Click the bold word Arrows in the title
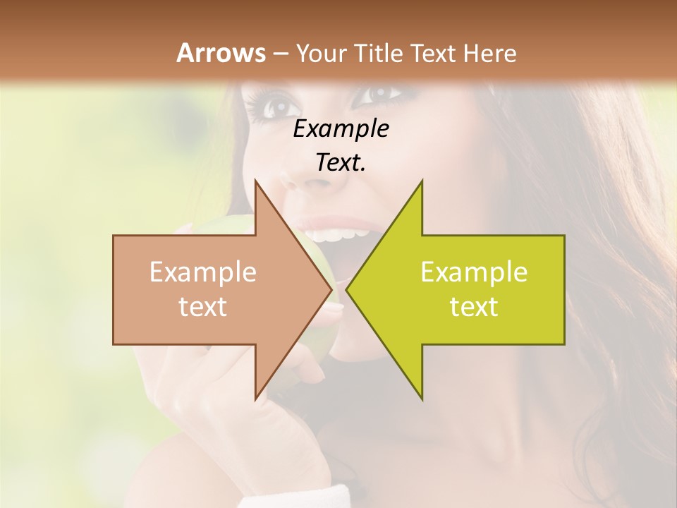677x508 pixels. coord(221,53)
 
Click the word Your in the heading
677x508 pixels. coord(321,53)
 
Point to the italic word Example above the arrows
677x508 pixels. coord(341,128)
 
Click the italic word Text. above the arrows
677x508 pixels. coord(341,162)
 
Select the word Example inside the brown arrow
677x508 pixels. coord(203,272)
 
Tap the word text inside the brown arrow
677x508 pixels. coord(203,307)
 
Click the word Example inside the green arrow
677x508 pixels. coord(474,272)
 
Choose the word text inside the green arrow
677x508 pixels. coord(474,307)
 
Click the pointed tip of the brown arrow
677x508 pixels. coord(331,290)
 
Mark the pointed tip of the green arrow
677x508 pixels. coord(347,290)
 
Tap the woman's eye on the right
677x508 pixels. coord(382,92)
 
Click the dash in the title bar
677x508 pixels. coord(281,54)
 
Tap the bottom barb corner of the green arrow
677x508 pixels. coord(422,399)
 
